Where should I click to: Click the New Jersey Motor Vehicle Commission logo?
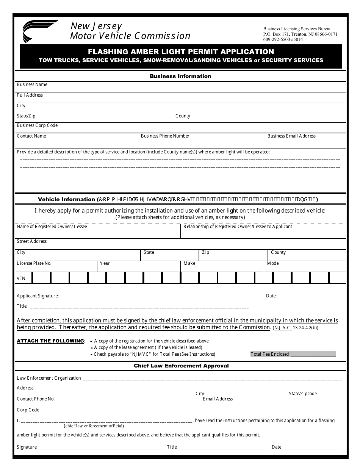(x=40, y=31)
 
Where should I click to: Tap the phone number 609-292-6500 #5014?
(x=283, y=39)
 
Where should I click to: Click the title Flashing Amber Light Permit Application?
(x=181, y=52)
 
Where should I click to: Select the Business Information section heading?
(x=180, y=76)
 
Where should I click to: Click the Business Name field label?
(x=32, y=84)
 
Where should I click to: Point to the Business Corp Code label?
(x=37, y=125)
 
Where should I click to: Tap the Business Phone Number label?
(x=165, y=136)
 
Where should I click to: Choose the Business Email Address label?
(x=291, y=136)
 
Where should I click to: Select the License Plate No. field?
(x=56, y=266)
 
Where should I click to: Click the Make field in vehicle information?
(x=222, y=266)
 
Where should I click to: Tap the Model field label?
(x=273, y=263)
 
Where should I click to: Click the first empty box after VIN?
(x=41, y=278)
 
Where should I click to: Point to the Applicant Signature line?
(x=153, y=296)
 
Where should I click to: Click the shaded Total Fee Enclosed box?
(x=293, y=354)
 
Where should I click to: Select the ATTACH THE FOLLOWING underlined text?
(x=50, y=341)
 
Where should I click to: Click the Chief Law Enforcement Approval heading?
(x=181, y=366)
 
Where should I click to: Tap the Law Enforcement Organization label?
(x=49, y=378)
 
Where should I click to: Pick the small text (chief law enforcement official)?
(x=94, y=426)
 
